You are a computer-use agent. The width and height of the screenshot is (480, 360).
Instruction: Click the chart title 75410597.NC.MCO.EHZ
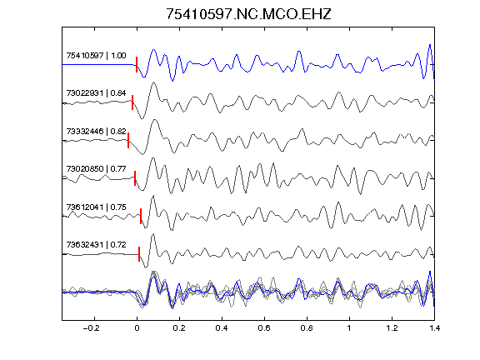[248, 14]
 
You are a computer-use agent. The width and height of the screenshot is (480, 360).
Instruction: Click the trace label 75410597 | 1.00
[96, 55]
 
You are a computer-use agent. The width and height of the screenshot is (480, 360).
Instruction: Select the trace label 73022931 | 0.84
[96, 92]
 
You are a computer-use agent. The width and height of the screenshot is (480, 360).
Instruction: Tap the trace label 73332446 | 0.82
[96, 132]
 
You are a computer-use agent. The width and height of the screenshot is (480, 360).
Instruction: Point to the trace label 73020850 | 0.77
[96, 168]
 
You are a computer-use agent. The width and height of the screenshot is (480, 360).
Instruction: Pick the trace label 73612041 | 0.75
[96, 207]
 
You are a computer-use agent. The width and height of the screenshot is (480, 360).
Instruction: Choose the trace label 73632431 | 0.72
[96, 245]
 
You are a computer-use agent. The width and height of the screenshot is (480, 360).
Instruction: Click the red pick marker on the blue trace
[137, 65]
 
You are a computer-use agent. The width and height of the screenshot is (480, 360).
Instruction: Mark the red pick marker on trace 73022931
[132, 102]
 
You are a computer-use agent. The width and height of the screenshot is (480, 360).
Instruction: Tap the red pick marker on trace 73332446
[128, 141]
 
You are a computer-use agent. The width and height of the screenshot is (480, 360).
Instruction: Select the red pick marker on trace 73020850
[135, 178]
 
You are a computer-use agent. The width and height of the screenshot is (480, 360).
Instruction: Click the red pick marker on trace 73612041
[141, 216]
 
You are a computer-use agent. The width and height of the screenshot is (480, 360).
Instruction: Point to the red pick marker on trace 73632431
[139, 254]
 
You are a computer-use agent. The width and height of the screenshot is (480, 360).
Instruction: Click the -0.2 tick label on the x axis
[91, 328]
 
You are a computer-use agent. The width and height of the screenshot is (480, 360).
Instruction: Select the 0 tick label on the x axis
[137, 328]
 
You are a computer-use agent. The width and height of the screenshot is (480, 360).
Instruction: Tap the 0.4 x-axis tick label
[222, 328]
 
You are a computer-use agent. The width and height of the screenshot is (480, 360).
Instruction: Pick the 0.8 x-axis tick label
[307, 328]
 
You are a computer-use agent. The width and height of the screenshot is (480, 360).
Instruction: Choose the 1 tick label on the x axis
[349, 328]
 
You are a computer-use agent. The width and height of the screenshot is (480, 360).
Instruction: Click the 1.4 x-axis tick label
[434, 328]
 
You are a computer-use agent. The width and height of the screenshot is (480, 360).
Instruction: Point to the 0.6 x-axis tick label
[264, 328]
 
